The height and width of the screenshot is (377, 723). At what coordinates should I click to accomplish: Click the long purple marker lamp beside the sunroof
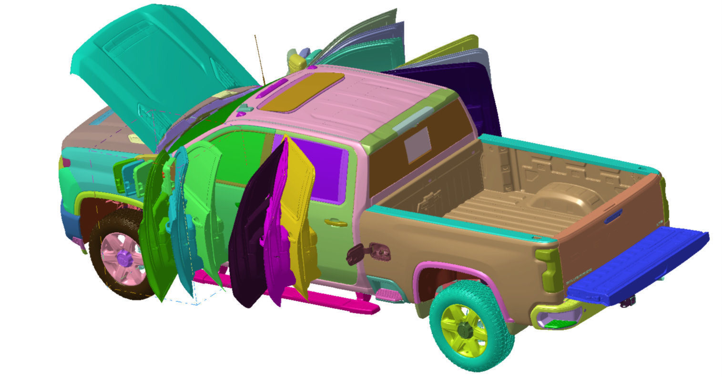point(271,88)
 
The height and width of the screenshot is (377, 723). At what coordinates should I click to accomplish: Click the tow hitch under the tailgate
point(630,300)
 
